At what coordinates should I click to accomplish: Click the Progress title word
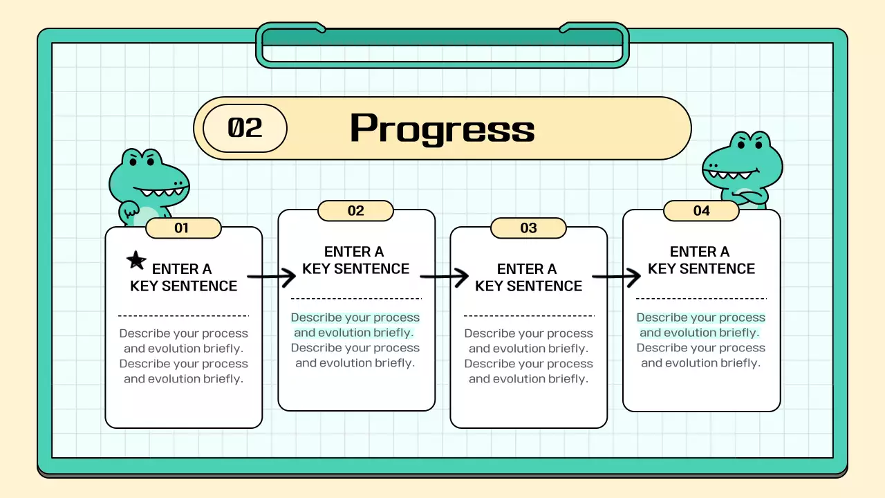click(442, 129)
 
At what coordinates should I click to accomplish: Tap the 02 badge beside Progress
click(245, 128)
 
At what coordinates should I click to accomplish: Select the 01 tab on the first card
click(182, 228)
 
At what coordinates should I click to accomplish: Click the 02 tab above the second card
click(355, 211)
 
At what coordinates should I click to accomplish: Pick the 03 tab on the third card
click(528, 228)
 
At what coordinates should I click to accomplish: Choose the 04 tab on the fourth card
click(701, 211)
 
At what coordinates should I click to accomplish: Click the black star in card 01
click(136, 261)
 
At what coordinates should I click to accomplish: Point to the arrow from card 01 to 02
click(271, 278)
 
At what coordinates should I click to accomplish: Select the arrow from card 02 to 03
click(444, 278)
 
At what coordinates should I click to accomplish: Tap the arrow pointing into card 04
click(617, 278)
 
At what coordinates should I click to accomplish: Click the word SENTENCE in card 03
click(546, 286)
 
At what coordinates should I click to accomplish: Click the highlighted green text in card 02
click(355, 325)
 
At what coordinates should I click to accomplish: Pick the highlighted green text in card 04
click(700, 325)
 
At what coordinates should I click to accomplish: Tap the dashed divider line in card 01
click(183, 315)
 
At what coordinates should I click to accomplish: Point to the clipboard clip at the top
click(442, 44)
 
